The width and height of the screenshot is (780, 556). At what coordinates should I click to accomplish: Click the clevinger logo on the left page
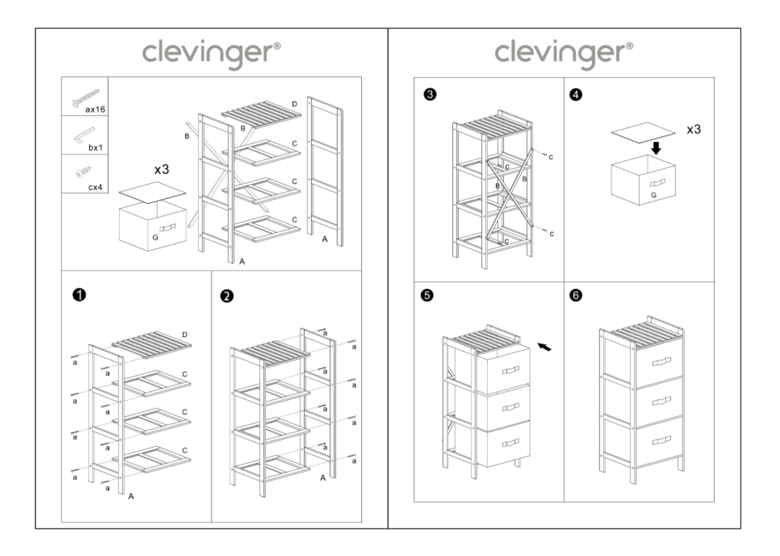(x=212, y=53)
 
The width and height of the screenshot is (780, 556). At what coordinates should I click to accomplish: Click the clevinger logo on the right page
(x=564, y=53)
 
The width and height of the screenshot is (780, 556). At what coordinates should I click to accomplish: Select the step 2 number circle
(x=226, y=296)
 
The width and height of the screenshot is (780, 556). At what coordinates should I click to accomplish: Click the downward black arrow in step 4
(x=655, y=148)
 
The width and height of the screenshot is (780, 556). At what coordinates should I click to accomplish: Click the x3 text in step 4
(x=694, y=130)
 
